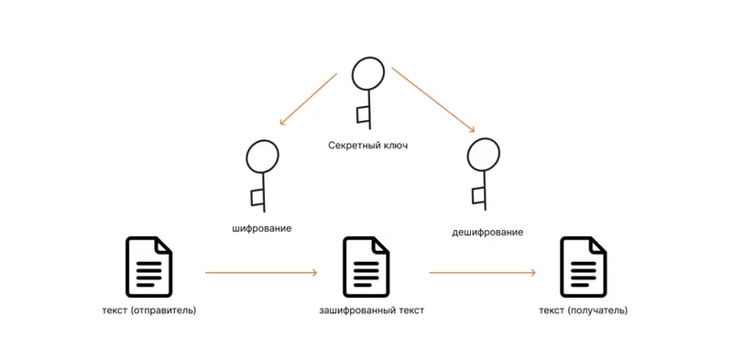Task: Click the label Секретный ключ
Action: coord(367,145)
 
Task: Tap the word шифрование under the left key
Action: coord(262,227)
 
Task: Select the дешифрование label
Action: coord(487,232)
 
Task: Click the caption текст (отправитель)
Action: coord(149,311)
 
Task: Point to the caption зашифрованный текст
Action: coord(371,311)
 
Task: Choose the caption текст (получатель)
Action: coord(584,311)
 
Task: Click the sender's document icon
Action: coord(148,265)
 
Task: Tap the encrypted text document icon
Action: coord(366,266)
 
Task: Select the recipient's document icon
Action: coord(584,266)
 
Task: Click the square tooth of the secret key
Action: coord(363,115)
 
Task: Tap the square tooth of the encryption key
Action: coord(257,196)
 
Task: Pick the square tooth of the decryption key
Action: coord(477,195)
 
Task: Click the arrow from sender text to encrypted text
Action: coord(261,273)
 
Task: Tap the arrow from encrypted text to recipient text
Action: coord(483,273)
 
